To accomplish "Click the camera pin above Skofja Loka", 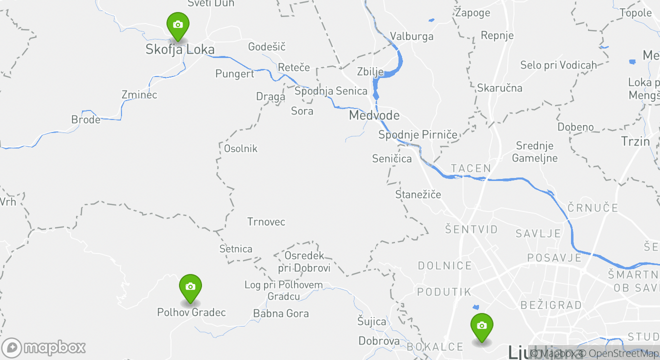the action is (177, 25).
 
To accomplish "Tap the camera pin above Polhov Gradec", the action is (190, 287).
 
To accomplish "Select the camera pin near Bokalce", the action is (481, 326).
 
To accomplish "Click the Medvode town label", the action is (374, 115).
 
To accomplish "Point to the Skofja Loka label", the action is (180, 49).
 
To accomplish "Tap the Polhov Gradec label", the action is (191, 312).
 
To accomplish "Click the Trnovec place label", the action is (266, 221).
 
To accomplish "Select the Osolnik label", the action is (240, 148).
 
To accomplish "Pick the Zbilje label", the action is (370, 71).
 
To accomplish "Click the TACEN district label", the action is (471, 168).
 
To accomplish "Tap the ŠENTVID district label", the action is (471, 229).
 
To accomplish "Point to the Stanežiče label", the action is (418, 194).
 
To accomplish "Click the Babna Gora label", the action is (281, 313).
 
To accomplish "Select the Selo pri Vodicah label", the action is (558, 65).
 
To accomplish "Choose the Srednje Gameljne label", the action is (534, 152).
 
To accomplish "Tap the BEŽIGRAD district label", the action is (551, 304).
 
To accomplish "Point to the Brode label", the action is (86, 119).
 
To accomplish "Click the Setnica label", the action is (236, 248).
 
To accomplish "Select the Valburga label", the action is (411, 36).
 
